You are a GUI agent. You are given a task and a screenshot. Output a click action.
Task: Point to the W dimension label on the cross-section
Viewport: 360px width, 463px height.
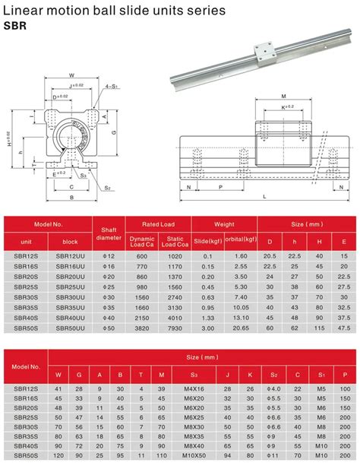tap(71, 76)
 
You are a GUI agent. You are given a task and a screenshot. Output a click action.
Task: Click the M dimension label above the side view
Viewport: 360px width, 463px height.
tap(283, 97)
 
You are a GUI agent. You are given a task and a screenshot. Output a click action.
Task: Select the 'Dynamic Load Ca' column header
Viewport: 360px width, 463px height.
tap(142, 241)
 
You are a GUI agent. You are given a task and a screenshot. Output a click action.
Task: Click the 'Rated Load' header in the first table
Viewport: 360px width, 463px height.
tap(158, 224)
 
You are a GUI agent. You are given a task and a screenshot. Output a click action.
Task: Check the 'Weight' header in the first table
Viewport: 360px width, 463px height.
tap(224, 224)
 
